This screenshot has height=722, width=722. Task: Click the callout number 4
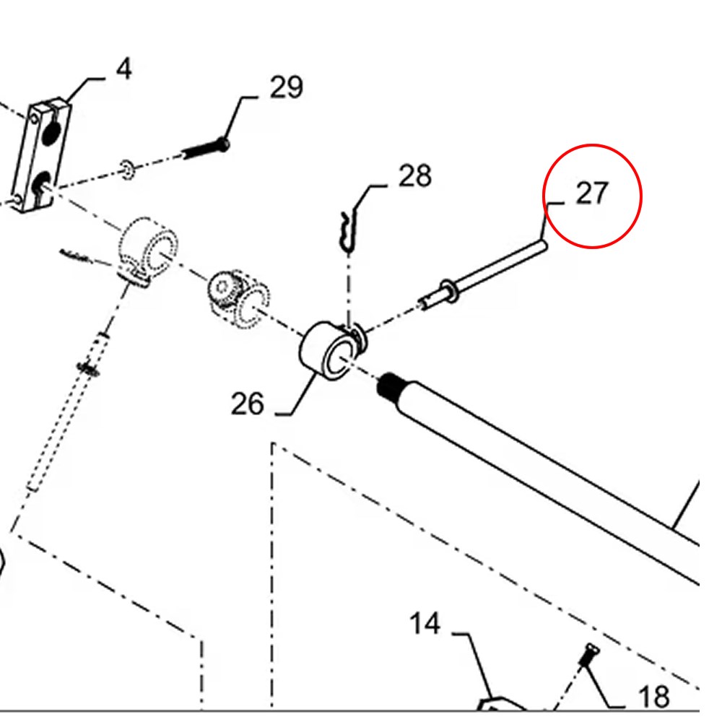click(x=124, y=70)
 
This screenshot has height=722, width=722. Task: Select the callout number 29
click(x=286, y=88)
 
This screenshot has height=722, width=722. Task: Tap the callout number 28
click(x=414, y=175)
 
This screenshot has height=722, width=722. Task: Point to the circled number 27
click(x=592, y=193)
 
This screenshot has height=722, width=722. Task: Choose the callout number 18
click(x=653, y=697)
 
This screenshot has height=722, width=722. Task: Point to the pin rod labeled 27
click(x=498, y=271)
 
